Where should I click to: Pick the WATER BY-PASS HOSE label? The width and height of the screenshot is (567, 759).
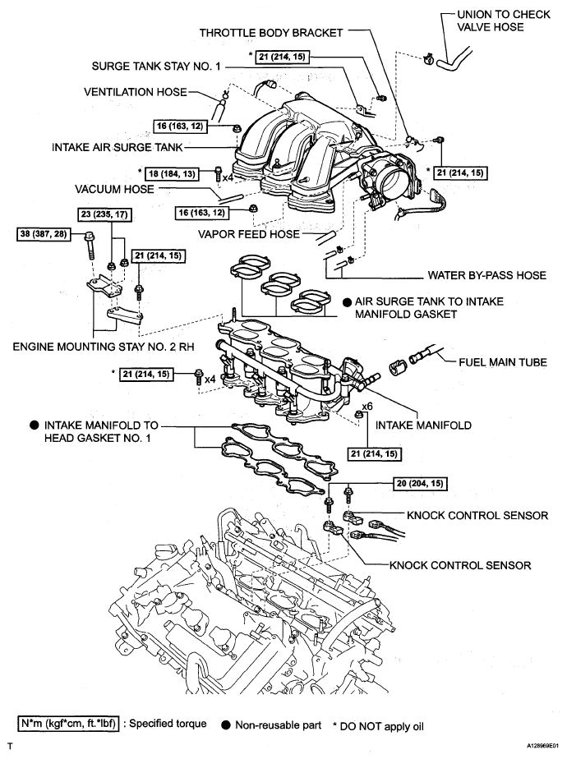pos(487,275)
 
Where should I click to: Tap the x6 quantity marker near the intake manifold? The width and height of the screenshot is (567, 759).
pos(367,405)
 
